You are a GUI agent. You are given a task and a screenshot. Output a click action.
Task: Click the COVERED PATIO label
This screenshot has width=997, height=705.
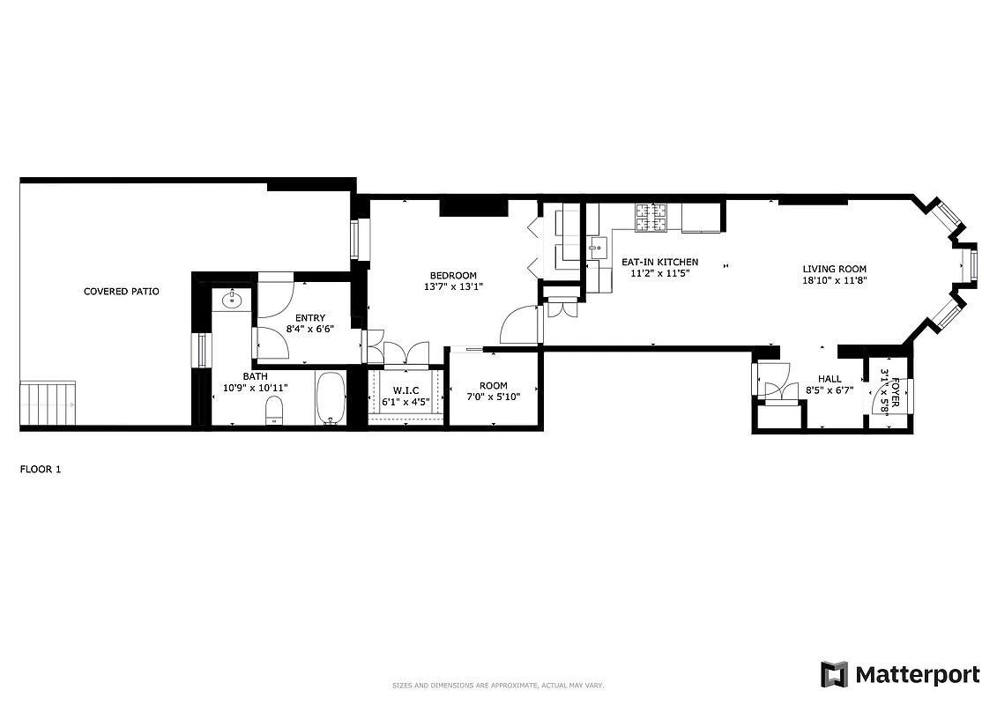coord(121,292)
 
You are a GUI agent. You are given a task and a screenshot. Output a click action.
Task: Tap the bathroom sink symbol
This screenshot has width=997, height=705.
coord(233,301)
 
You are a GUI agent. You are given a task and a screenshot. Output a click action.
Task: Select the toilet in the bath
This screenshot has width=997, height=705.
coord(273,410)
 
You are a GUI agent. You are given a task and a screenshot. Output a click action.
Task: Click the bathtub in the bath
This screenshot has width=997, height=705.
coord(331,399)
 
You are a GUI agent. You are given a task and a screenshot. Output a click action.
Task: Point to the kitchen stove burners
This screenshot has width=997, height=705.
coord(653,219)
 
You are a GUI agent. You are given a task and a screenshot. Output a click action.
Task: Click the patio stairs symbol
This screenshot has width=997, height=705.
coord(48,404)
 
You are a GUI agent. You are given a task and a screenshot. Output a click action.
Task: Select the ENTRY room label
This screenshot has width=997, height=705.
coord(310,318)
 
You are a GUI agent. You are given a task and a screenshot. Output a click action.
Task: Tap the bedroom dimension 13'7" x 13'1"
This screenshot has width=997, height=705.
coord(453,286)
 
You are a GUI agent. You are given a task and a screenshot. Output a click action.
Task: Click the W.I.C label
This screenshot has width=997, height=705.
coord(406,390)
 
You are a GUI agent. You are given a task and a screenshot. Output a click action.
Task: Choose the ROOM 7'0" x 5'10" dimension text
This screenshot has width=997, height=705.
coord(493,397)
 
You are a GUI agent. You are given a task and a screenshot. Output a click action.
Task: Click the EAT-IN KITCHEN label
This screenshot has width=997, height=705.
coord(659,262)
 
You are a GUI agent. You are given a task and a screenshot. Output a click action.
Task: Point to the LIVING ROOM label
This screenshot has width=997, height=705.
coord(834,270)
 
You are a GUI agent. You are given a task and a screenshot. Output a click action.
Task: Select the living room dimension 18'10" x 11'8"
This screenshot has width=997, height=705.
coord(834,281)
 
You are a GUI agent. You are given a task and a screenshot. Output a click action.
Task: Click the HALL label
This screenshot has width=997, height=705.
coord(830,379)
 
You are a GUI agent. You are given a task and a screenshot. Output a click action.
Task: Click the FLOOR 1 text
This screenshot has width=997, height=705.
coord(41,470)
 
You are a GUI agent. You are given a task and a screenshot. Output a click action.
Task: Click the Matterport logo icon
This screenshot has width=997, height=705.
coord(834,674)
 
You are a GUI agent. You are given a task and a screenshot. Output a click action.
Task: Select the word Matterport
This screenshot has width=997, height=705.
coord(918,675)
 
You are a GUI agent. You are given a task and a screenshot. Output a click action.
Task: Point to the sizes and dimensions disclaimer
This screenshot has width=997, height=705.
coord(498,686)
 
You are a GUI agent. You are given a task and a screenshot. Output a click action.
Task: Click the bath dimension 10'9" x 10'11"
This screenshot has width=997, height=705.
coord(255,388)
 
